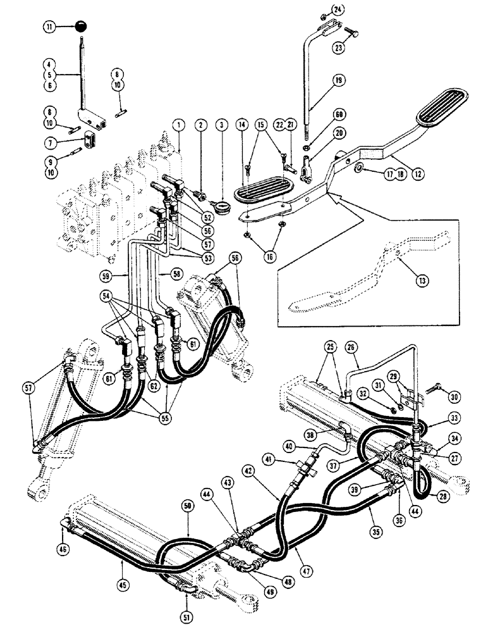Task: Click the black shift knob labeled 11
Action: coord(80,27)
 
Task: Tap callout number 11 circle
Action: coord(49,27)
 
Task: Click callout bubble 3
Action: coord(222,126)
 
